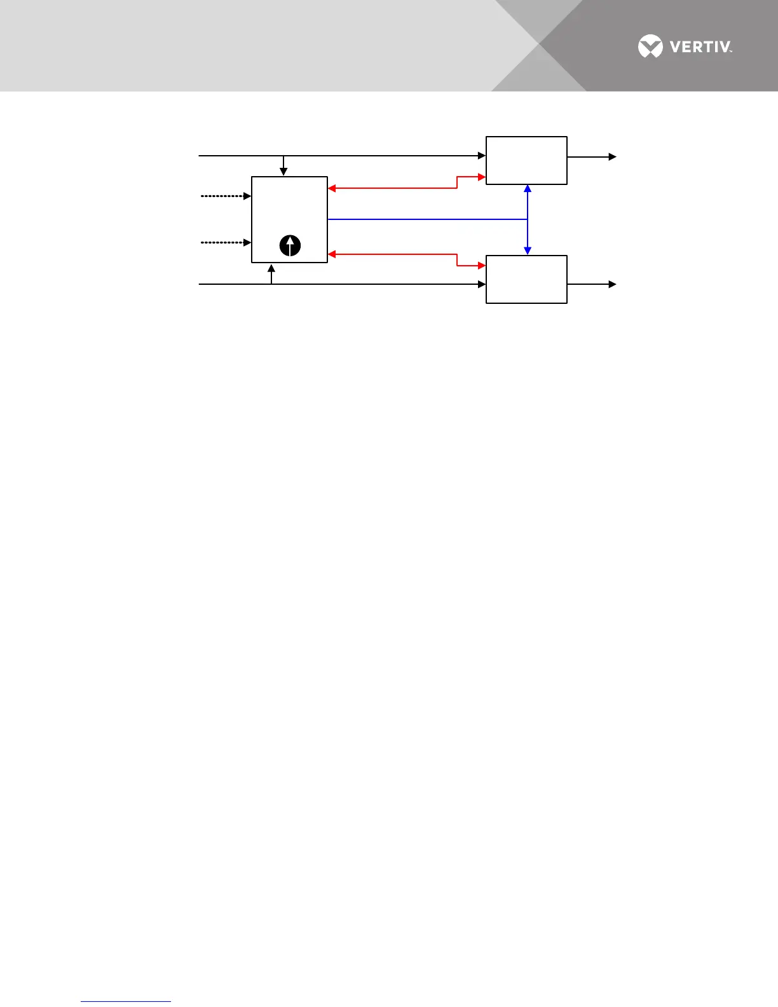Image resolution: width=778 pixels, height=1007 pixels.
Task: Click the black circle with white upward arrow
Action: click(x=290, y=245)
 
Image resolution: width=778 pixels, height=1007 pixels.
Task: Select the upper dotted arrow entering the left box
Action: click(x=226, y=196)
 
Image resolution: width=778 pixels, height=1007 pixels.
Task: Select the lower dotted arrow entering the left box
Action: click(x=226, y=242)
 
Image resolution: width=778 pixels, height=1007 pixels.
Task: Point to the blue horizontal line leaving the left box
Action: click(x=426, y=219)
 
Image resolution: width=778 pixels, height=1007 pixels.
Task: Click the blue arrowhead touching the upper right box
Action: click(x=528, y=189)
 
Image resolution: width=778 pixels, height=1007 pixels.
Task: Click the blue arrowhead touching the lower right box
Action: click(x=528, y=251)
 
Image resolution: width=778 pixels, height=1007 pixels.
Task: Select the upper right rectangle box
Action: click(x=526, y=160)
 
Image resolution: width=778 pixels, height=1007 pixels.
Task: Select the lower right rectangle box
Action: click(x=526, y=279)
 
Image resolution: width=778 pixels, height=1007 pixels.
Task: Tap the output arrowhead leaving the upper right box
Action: click(x=613, y=156)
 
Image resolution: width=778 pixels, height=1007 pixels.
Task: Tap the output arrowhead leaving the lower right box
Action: click(x=613, y=284)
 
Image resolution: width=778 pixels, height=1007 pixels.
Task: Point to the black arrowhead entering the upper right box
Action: click(x=482, y=156)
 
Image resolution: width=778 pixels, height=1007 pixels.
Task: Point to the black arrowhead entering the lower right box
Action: click(x=482, y=284)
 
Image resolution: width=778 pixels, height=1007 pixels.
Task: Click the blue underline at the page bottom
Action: click(x=126, y=1002)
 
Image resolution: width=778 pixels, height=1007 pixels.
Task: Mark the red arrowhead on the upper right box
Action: click(x=482, y=177)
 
